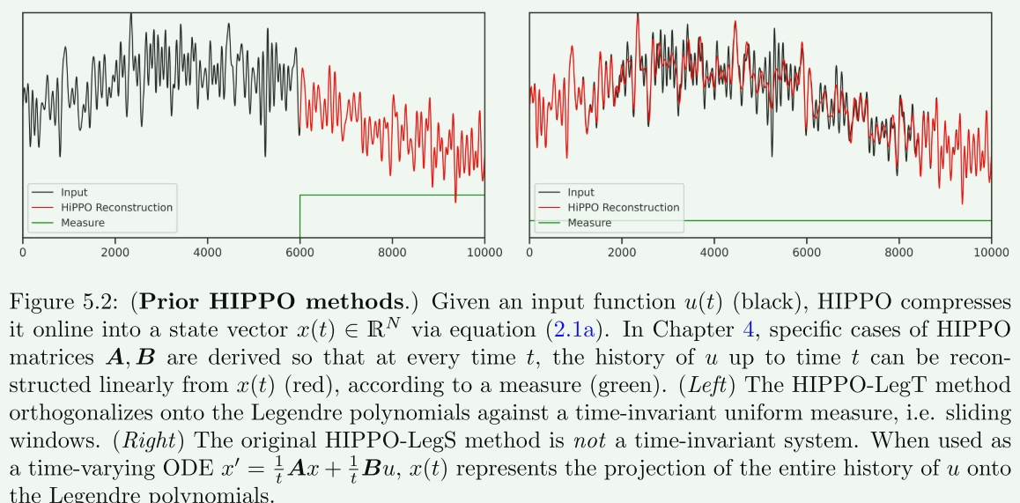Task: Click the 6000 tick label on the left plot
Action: click(299, 253)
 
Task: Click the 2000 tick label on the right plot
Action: click(621, 253)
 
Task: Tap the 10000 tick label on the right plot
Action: click(991, 253)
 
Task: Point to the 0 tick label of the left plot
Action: click(23, 253)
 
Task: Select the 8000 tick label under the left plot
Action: click(392, 253)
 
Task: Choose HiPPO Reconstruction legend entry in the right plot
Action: click(623, 208)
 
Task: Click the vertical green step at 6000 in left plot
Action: click(300, 216)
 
